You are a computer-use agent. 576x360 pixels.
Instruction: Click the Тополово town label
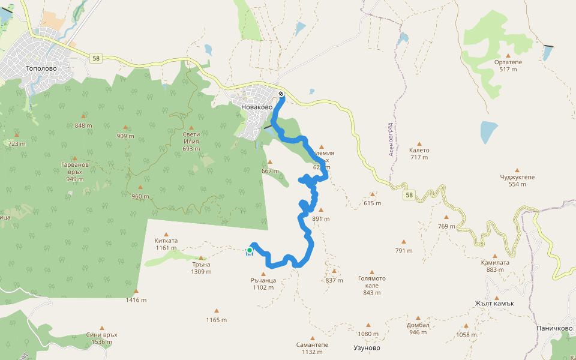point(41,68)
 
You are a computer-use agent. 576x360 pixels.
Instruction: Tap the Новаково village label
point(256,107)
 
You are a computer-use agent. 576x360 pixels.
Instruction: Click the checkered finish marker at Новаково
point(281,94)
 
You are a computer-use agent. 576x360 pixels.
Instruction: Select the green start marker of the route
point(250,250)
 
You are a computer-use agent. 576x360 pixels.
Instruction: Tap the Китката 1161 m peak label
point(166,244)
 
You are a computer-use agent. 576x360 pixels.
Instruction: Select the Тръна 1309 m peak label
point(201,268)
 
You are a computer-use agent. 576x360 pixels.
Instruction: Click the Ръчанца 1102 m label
point(263,283)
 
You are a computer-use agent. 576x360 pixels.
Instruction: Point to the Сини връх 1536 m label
point(101,338)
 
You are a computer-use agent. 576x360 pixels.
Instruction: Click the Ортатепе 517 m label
point(508,65)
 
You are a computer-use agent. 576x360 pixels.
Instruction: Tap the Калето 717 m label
point(419,154)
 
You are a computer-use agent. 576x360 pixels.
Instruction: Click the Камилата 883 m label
point(495,266)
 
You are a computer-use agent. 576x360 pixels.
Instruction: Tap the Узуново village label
point(367,347)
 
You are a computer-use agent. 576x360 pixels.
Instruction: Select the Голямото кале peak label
point(372,282)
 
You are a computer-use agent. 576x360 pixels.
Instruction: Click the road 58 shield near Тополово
point(96,58)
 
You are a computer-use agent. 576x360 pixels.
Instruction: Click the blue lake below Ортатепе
point(489,132)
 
